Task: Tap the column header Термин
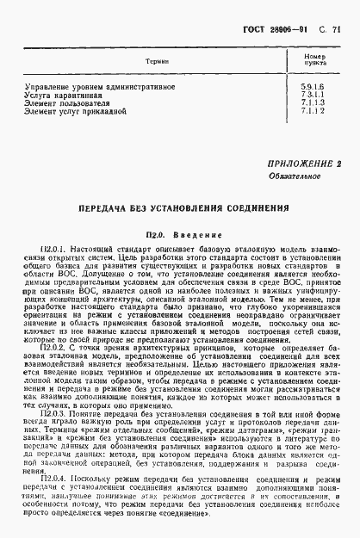[x=156, y=62]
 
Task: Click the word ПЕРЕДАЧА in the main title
[x=107, y=209]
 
